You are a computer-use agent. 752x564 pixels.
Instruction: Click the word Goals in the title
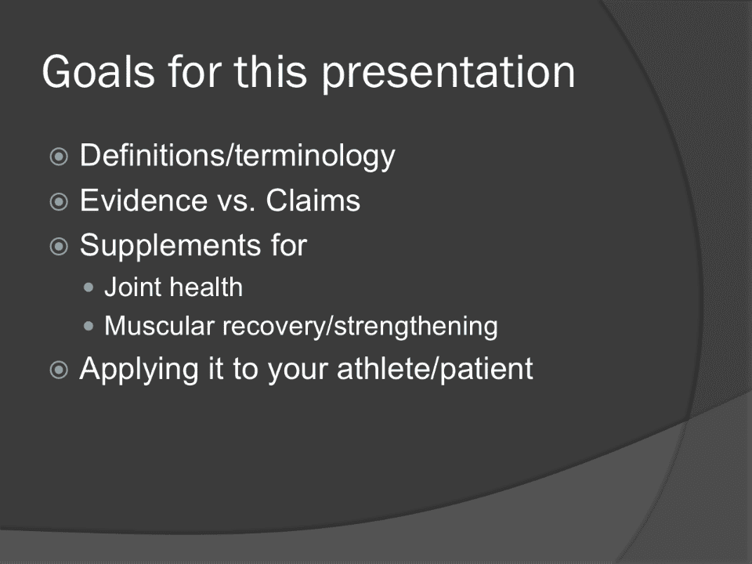pyautogui.click(x=99, y=71)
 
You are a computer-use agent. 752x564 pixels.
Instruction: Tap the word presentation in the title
pyautogui.click(x=448, y=74)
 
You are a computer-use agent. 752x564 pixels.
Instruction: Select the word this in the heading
pyautogui.click(x=270, y=71)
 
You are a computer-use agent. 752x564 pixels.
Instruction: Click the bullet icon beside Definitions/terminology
pyautogui.click(x=59, y=157)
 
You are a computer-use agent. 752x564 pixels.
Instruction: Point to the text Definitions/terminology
pyautogui.click(x=237, y=156)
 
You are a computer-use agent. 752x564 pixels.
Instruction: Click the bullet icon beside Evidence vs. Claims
pyautogui.click(x=59, y=201)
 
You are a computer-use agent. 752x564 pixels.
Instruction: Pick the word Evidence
pyautogui.click(x=143, y=200)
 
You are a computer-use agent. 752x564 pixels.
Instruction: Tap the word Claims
pyautogui.click(x=313, y=200)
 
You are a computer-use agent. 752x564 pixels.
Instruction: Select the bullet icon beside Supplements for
pyautogui.click(x=59, y=246)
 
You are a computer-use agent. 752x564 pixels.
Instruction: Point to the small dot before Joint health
pyautogui.click(x=89, y=287)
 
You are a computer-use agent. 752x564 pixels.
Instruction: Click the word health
pyautogui.click(x=207, y=287)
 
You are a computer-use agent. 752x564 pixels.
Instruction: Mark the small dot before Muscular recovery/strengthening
pyautogui.click(x=89, y=327)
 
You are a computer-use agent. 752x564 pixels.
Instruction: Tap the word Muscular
pyautogui.click(x=159, y=326)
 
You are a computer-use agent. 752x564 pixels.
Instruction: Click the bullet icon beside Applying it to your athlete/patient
pyautogui.click(x=59, y=370)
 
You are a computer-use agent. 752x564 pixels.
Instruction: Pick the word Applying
pyautogui.click(x=139, y=370)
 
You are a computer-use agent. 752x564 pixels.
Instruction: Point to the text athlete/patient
pyautogui.click(x=435, y=370)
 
